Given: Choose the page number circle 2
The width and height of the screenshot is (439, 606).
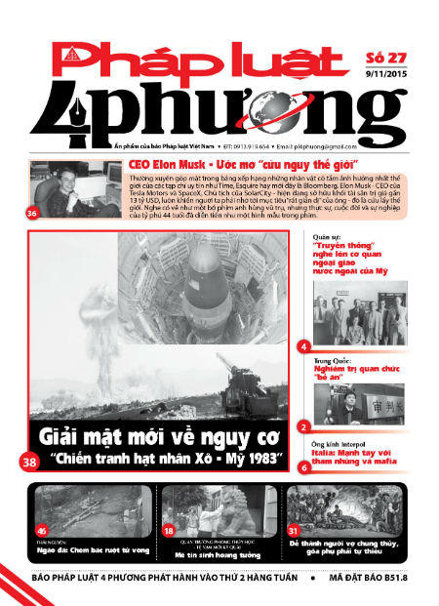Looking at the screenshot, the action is (304, 426).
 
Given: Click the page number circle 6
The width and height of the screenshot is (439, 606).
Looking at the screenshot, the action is (304, 466).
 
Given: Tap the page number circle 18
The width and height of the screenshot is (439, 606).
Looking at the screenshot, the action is (168, 530).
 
